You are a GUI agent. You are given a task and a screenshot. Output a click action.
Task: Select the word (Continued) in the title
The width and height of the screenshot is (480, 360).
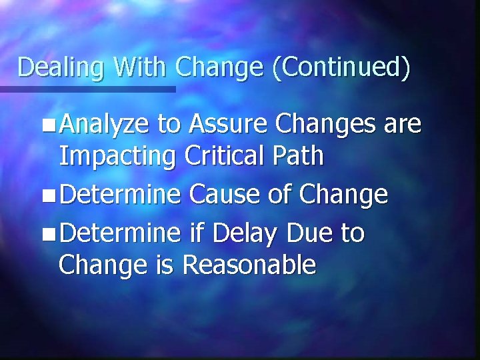341,67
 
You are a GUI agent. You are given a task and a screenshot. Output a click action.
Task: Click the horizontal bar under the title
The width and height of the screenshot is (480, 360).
87,89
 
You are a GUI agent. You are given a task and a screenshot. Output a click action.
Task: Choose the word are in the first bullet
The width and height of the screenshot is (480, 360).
403,124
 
